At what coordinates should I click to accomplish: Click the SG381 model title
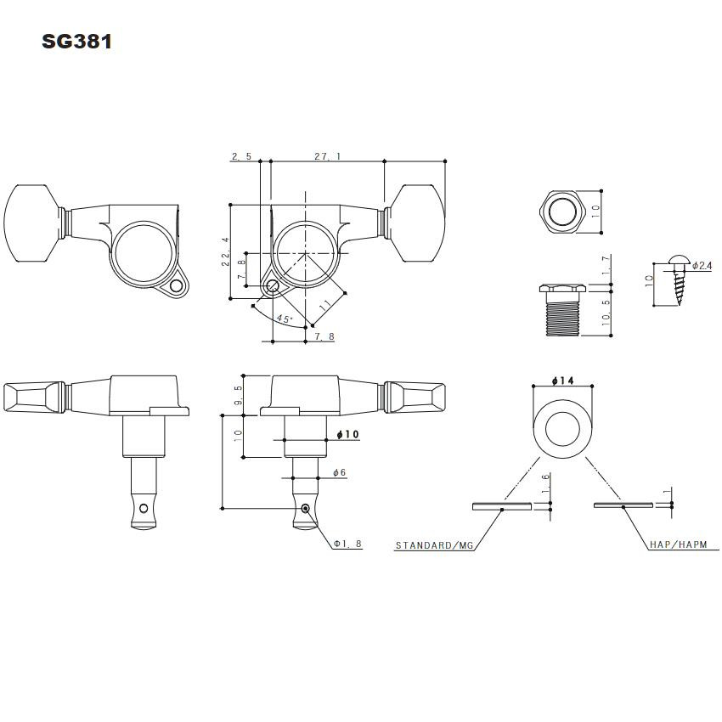pos(76,42)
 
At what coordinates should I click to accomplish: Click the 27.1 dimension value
pos(327,156)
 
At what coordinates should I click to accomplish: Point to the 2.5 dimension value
pos(240,156)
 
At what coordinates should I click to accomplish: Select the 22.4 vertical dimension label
pos(225,251)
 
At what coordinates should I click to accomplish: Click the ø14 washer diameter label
pos(562,381)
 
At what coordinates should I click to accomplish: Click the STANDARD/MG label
pos(434,545)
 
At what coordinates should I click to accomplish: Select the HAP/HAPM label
pos(677,545)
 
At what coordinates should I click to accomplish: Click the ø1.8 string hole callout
pos(347,544)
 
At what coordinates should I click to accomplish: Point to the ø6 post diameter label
pos(339,472)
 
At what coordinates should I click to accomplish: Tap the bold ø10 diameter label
pos(348,434)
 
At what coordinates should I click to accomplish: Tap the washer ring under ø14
pos(561,430)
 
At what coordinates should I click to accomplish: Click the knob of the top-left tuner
pos(34,223)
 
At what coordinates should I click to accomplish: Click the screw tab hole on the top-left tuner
pos(178,288)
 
